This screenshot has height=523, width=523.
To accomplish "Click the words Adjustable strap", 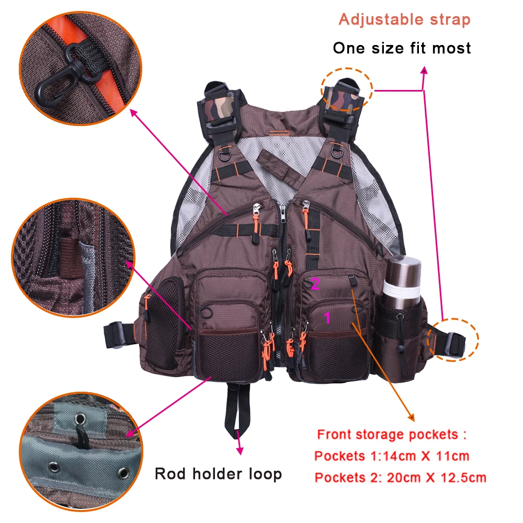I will (404, 20).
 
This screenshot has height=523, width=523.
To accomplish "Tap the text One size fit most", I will (402, 48).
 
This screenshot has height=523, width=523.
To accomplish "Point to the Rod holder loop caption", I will (218, 474).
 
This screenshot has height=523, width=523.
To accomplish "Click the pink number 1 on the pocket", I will (328, 316).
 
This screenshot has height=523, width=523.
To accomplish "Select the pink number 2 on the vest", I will (315, 284).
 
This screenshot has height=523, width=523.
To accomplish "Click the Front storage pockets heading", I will (391, 434).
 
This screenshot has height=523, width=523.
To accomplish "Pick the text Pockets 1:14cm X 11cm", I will (392, 456).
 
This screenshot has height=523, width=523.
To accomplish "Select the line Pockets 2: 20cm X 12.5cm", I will (400, 477).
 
